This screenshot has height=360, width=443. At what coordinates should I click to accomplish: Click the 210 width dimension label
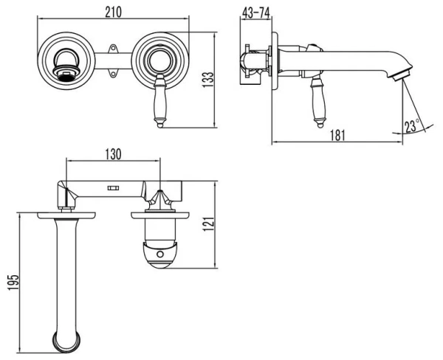(113, 11)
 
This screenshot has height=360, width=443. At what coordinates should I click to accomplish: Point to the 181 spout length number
(337, 134)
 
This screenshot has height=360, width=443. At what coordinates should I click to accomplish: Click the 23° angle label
(411, 125)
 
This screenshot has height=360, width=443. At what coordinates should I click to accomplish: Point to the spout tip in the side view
(400, 72)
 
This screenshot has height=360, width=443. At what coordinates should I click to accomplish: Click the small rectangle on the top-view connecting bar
(114, 189)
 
